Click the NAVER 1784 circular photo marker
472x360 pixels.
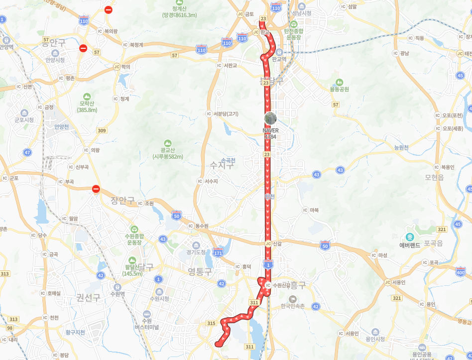[x=270, y=119]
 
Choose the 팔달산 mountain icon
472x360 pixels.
[x=132, y=260]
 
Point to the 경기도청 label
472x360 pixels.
[x=196, y=252]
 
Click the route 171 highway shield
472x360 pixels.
[x=218, y=253]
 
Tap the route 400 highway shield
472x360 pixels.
[x=461, y=271]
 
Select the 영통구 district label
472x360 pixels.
[x=200, y=271]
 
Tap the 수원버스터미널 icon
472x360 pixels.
[x=147, y=314]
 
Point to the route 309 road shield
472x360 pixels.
[x=102, y=130]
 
